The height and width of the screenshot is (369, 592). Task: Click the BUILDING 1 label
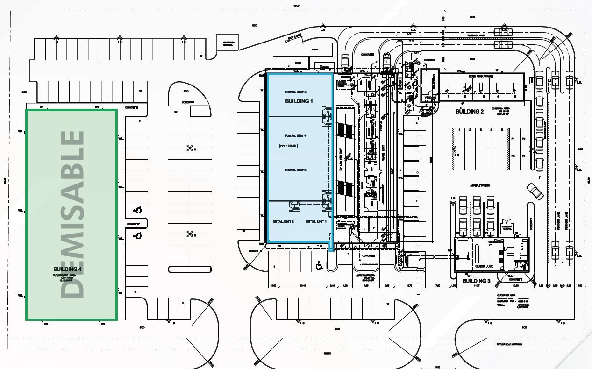[299, 101]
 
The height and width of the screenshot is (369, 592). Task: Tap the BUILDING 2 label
[470, 112]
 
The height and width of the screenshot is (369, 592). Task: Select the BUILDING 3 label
[476, 281]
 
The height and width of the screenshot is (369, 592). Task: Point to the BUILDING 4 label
[67, 269]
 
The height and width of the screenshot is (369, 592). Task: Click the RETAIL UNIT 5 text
[296, 92]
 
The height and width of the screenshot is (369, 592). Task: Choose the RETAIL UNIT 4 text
[296, 135]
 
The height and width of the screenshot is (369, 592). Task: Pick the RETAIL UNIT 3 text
[296, 170]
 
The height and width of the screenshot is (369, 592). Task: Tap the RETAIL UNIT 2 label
[283, 221]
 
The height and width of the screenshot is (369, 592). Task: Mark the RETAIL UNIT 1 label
[316, 221]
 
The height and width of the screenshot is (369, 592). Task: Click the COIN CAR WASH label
[481, 76]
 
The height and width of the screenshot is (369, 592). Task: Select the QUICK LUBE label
[485, 266]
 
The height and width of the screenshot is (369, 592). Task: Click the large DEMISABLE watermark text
[73, 214]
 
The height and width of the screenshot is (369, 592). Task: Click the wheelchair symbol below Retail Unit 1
[320, 266]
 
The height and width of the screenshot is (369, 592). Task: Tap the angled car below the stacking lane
[535, 191]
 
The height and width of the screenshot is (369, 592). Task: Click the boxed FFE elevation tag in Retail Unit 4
[288, 146]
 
